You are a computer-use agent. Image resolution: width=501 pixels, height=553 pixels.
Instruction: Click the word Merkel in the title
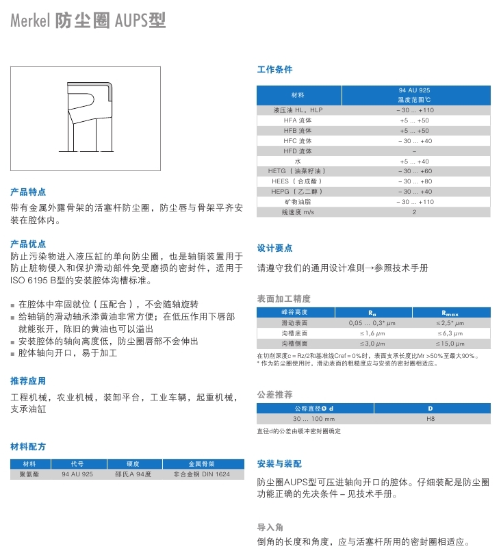29,21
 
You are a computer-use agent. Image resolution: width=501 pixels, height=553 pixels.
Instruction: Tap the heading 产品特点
28,192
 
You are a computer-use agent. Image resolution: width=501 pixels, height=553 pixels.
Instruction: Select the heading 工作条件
274,70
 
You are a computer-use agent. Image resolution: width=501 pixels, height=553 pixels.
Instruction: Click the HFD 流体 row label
298,151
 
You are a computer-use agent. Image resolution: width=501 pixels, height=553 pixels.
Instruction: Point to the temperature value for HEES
415,181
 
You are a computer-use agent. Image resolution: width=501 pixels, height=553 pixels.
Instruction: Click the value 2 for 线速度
415,212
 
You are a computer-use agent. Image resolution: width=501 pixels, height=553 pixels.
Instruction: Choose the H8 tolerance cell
431,418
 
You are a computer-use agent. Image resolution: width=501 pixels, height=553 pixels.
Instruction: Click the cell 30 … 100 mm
314,418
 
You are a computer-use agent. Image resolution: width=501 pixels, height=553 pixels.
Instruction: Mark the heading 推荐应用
28,381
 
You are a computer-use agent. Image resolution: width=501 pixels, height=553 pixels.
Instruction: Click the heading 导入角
270,527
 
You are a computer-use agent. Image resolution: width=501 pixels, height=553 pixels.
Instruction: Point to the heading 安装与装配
279,463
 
